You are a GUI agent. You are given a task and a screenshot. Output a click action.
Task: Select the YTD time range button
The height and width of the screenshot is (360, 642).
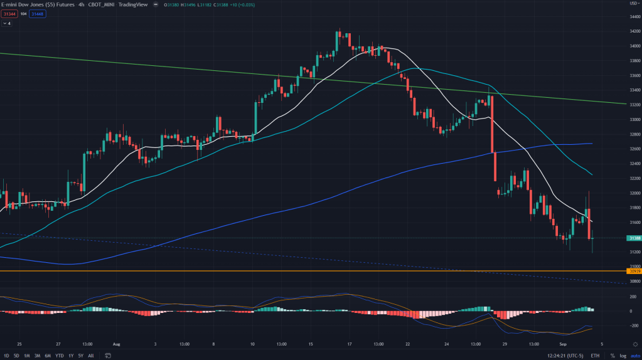pos(58,356)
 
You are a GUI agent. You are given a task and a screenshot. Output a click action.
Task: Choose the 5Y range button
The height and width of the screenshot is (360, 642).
pos(80,356)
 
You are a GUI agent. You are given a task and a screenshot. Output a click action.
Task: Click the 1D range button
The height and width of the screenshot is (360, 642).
pos(6,356)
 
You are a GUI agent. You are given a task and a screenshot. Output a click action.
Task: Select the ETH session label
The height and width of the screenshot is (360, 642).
pos(595,356)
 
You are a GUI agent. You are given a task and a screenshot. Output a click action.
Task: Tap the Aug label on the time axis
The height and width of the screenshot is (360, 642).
pos(115,344)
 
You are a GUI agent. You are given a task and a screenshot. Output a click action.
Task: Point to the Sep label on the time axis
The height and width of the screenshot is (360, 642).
pos(562,344)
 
